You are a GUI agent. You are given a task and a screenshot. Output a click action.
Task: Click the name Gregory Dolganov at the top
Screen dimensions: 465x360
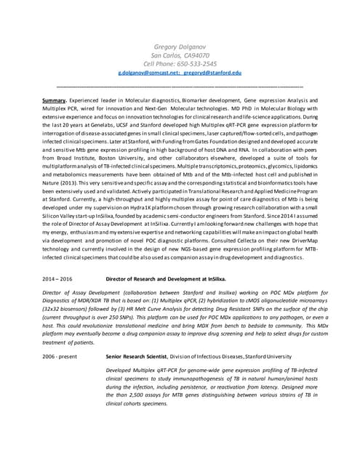(180, 46)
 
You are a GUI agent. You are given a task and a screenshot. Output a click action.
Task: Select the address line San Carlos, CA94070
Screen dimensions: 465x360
(180, 55)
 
